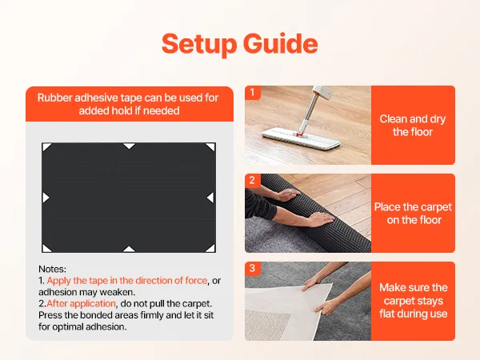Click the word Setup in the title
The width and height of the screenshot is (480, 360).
point(199,44)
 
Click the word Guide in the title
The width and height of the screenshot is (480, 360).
point(281,43)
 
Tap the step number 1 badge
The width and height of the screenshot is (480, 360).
point(252,92)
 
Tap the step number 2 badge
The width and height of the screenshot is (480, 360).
point(252,180)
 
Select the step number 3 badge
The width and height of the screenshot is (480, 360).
point(252,268)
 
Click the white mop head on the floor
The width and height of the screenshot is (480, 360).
point(302,137)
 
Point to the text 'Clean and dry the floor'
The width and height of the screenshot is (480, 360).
point(413,126)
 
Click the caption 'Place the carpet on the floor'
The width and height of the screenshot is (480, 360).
point(413,214)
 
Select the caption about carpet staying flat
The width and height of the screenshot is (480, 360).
point(414,301)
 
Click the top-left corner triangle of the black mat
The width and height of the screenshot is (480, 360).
point(46,146)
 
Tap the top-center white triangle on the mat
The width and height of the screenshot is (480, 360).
point(129,146)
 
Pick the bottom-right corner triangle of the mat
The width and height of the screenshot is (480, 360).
point(211,249)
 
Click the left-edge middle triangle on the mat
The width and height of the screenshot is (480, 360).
point(46,198)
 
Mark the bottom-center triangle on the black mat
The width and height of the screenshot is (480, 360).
point(129,249)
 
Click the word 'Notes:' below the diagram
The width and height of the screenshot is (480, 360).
point(52,269)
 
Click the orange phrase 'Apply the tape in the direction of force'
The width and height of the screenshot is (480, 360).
point(127,281)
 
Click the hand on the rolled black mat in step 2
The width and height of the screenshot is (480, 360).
point(320,219)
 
